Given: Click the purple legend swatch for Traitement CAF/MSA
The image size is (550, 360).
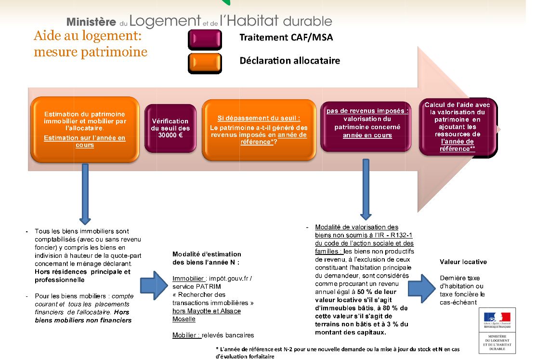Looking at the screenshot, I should click(x=205, y=39).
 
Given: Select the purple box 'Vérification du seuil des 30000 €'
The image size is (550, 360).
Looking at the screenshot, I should click(x=170, y=128).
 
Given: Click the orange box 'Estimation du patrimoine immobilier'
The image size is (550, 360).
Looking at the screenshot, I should click(x=85, y=129).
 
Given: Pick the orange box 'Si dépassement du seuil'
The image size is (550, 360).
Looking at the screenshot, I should click(x=259, y=130).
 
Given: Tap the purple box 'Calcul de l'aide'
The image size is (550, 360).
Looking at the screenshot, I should click(x=458, y=127).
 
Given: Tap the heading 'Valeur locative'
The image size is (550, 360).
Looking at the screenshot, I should click(x=463, y=262).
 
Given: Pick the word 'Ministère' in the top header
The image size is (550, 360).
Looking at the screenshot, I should click(x=91, y=22).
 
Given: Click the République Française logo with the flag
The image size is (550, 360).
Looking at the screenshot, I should click(x=497, y=320).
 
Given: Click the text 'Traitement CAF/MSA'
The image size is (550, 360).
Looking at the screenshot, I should click(x=286, y=38).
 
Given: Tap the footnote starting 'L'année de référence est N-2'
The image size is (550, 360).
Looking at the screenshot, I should click(x=338, y=353).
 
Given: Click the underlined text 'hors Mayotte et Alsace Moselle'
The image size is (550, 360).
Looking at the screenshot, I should click(x=206, y=315).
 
